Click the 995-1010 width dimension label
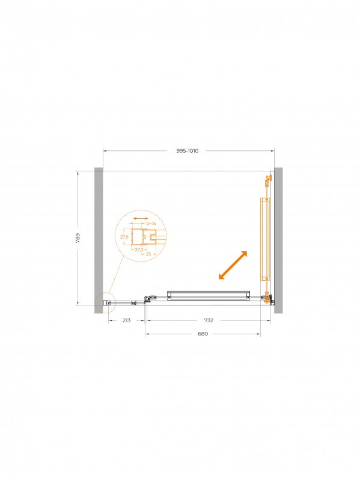click(188, 151)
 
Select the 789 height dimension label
click(78, 238)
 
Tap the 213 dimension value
click(126, 320)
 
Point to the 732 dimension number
click(209, 320)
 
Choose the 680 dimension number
click(203, 334)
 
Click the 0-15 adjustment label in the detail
click(151, 223)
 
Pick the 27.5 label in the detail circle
click(124, 237)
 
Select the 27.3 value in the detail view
click(139, 250)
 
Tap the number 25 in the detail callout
click(148, 254)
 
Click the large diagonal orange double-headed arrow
click(233, 265)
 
